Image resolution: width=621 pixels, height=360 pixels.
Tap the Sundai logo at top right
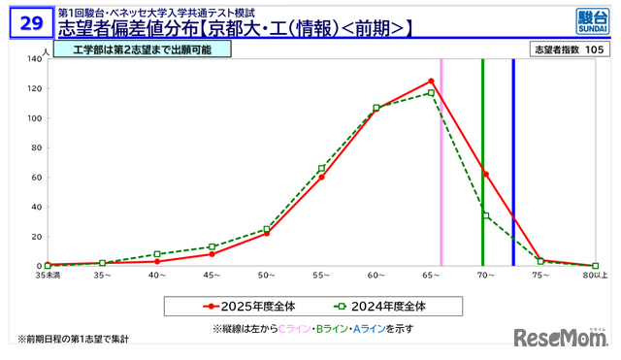pyautogui.click(x=588, y=20)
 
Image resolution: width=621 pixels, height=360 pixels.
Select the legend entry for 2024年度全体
pyautogui.click(x=377, y=305)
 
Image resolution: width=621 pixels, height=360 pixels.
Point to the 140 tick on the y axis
pyautogui.click(x=32, y=59)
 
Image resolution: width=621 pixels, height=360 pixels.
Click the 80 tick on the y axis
pyautogui.click(x=34, y=147)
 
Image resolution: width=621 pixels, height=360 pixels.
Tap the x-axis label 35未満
pyautogui.click(x=49, y=277)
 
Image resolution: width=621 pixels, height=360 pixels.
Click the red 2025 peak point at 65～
pyautogui.click(x=431, y=81)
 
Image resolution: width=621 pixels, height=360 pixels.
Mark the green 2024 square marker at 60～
pyautogui.click(x=376, y=108)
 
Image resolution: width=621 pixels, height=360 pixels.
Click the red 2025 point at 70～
pyautogui.click(x=485, y=174)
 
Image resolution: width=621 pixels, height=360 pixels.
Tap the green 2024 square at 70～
pyautogui.click(x=485, y=215)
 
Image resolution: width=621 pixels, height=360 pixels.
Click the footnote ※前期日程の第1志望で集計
pyautogui.click(x=73, y=339)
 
